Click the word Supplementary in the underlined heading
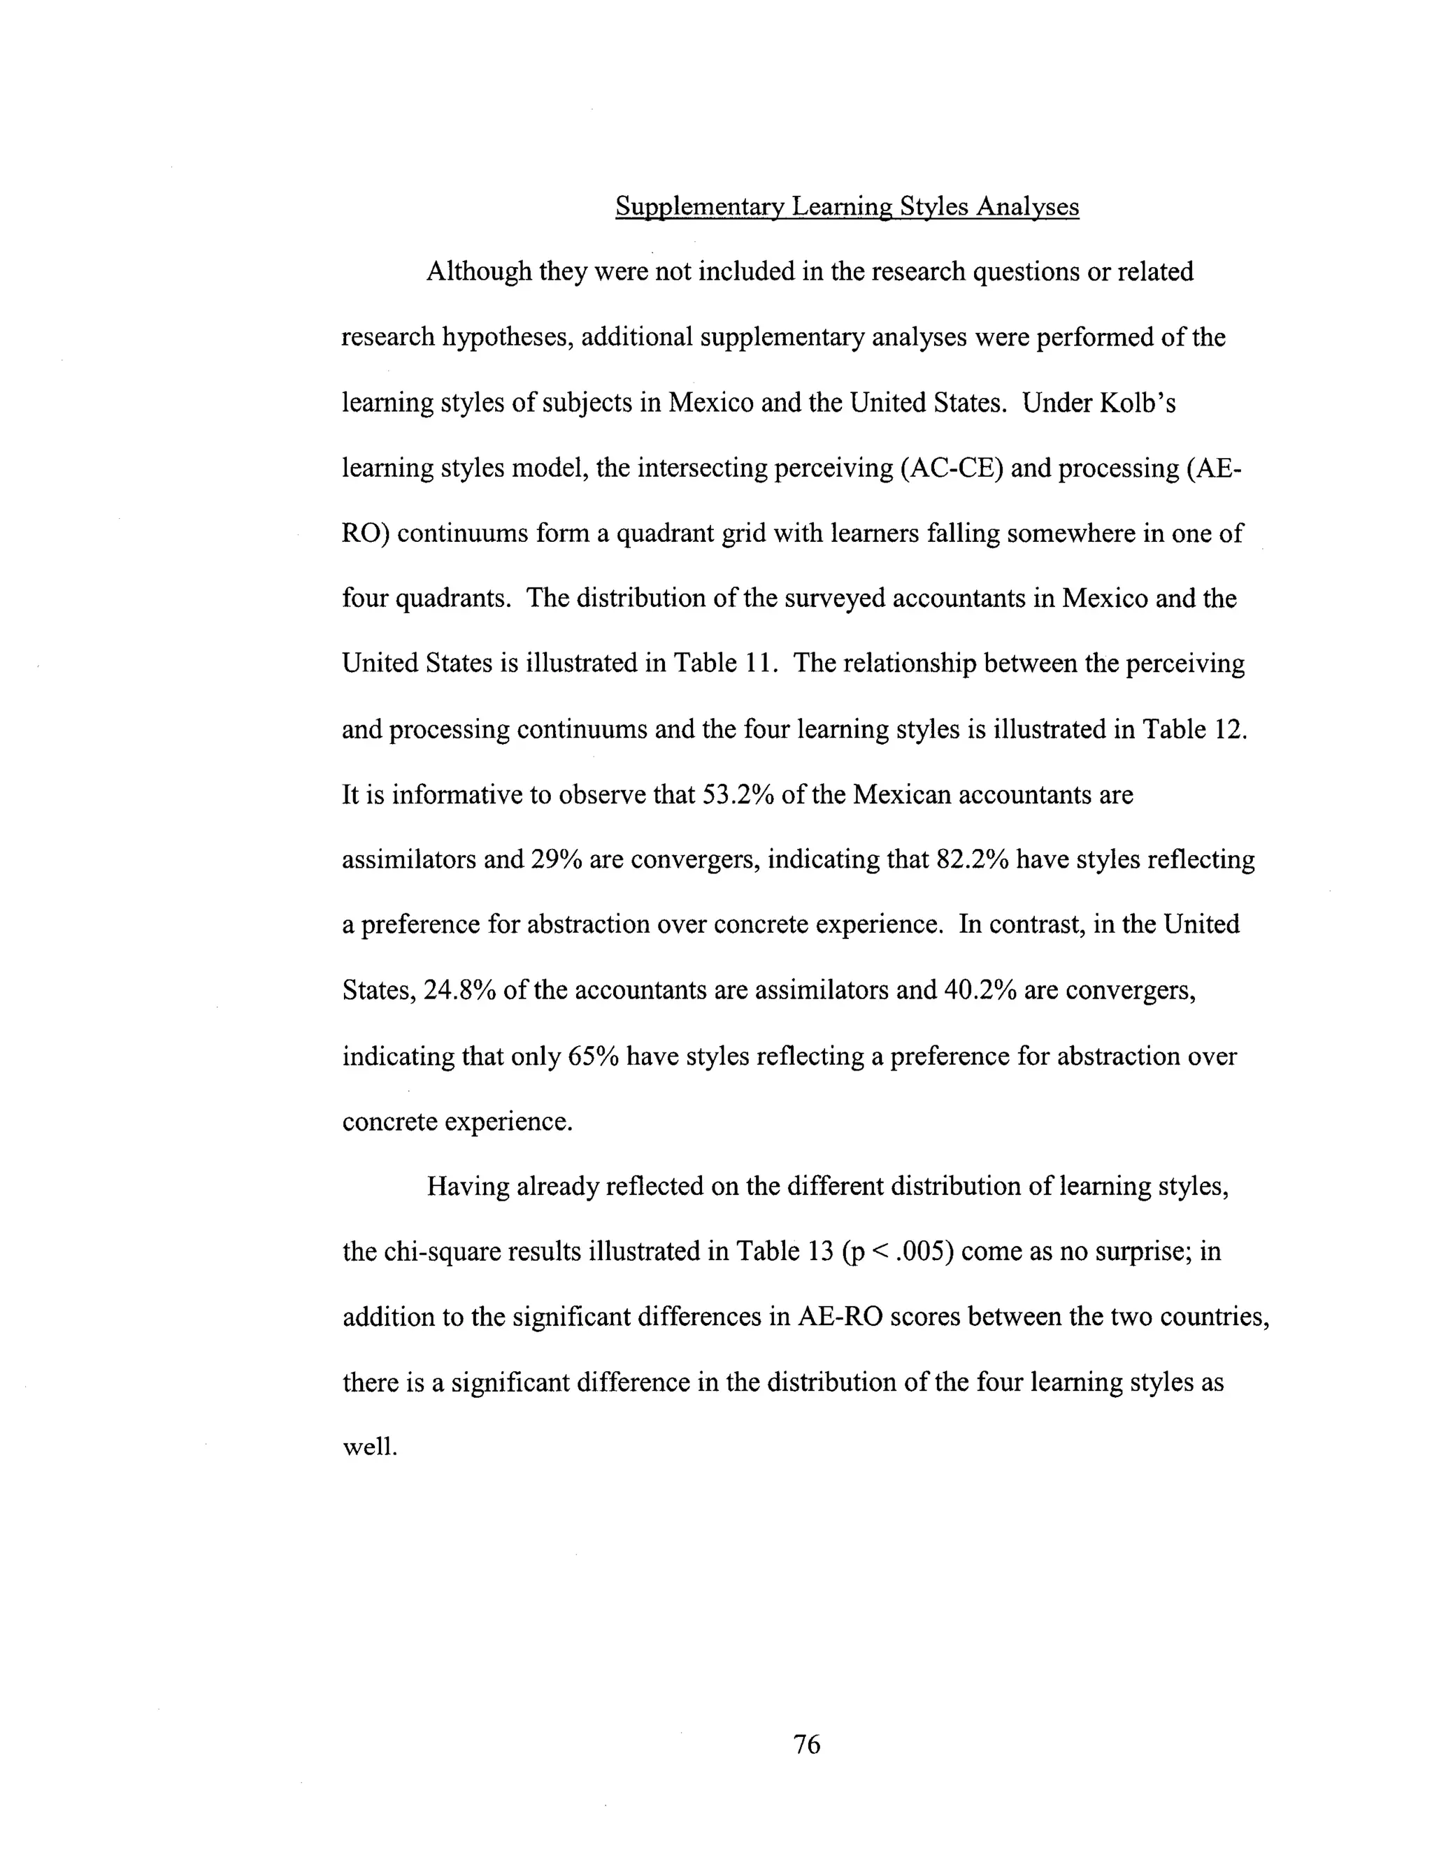[x=700, y=207]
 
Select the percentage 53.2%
[x=740, y=795]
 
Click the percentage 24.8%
[x=459, y=990]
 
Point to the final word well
[x=369, y=1447]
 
